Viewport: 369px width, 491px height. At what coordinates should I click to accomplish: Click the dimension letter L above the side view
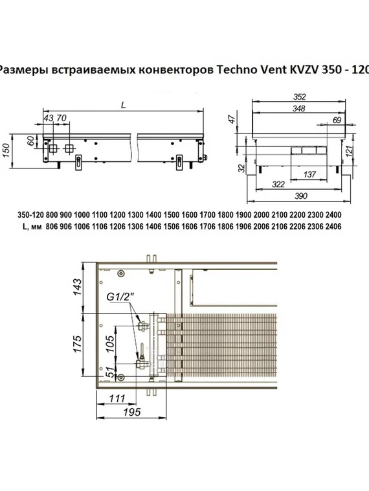(x=122, y=104)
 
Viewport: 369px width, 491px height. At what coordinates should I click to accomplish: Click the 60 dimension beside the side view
(x=30, y=141)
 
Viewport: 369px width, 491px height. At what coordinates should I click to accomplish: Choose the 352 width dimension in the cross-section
(x=299, y=95)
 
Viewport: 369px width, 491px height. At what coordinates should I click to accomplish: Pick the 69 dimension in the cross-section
(x=336, y=120)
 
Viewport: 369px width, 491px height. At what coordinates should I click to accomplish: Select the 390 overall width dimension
(x=298, y=196)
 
